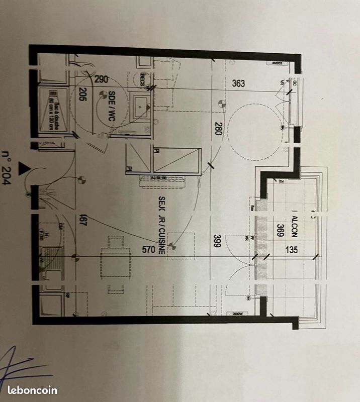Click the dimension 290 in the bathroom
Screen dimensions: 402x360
point(101,79)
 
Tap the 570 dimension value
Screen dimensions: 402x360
point(148,248)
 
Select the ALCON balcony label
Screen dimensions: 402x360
point(294,226)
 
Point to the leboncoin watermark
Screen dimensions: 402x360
point(33,390)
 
